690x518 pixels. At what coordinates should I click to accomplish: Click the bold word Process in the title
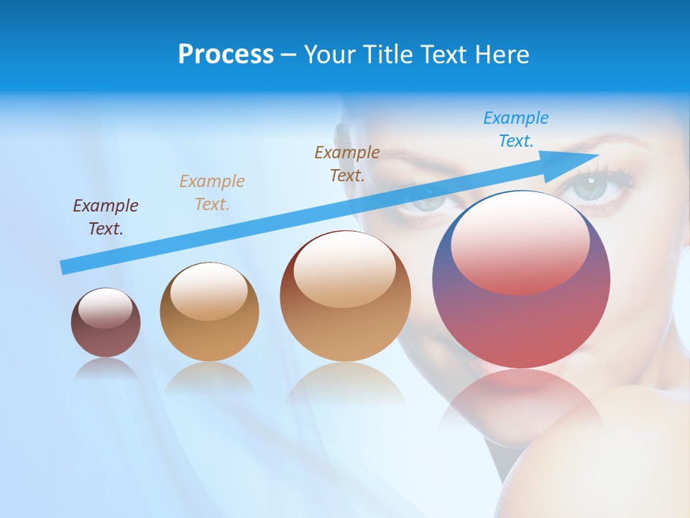(226, 55)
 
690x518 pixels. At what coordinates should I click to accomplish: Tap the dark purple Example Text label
(106, 217)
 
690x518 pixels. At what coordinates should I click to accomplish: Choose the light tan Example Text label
(212, 193)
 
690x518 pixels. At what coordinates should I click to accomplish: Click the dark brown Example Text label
(347, 164)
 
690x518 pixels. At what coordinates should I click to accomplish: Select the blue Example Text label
(516, 129)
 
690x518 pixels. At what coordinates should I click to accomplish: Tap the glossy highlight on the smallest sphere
(105, 308)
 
